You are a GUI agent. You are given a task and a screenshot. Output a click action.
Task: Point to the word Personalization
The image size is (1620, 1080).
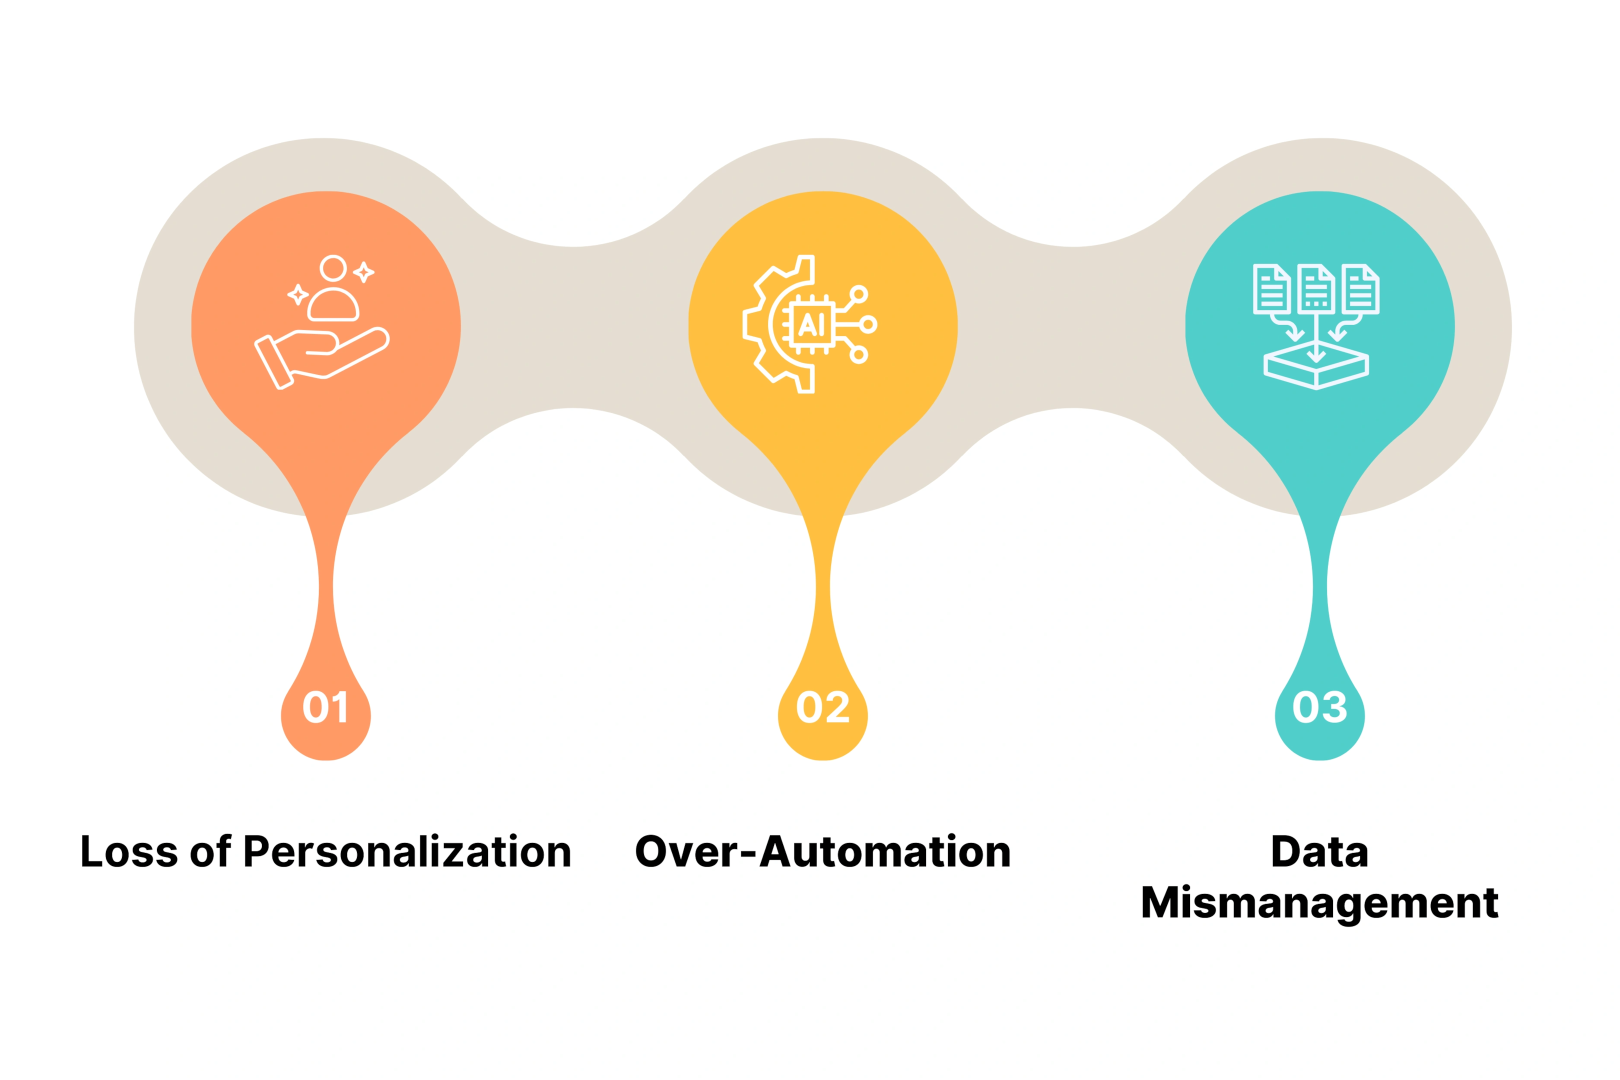point(408,851)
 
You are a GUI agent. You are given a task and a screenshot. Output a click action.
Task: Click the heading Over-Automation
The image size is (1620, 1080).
point(822,851)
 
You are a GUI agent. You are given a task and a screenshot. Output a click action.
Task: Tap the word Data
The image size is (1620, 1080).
point(1319,851)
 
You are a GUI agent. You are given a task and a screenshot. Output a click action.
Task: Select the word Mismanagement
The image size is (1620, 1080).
point(1319,902)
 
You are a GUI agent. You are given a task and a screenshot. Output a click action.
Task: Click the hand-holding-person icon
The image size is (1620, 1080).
point(321,322)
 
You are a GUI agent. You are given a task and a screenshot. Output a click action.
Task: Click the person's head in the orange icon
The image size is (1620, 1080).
point(333,268)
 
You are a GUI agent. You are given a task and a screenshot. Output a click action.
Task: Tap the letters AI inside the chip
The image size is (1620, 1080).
point(811,323)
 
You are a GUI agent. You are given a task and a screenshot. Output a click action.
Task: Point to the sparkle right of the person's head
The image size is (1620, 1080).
point(363,272)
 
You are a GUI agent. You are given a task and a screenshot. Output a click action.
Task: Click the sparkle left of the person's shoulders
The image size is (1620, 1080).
point(297,295)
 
